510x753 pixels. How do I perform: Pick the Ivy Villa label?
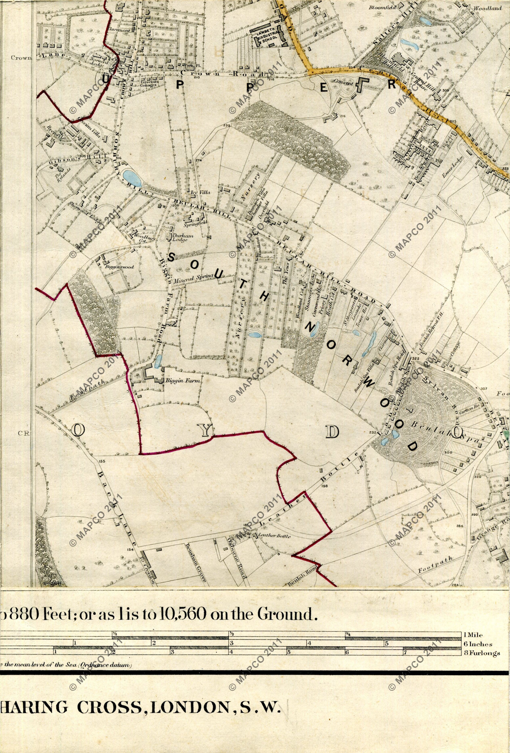click(x=201, y=192)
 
